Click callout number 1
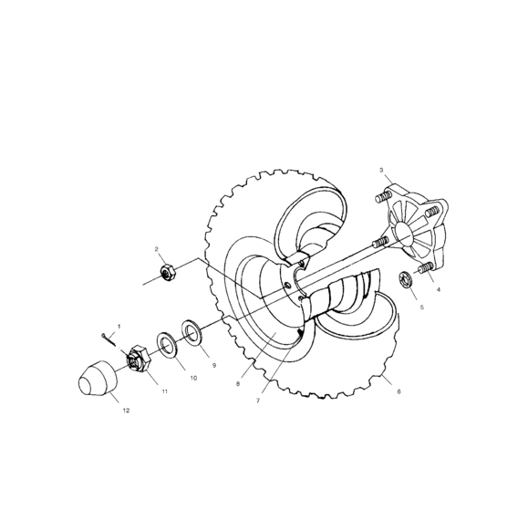point(119,326)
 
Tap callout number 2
point(156,249)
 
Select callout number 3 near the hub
point(381,171)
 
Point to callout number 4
point(439,289)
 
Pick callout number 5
point(421,308)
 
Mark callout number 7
point(258,400)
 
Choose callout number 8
point(237,384)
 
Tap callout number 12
point(126,411)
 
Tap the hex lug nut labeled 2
point(167,271)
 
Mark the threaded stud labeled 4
point(424,270)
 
